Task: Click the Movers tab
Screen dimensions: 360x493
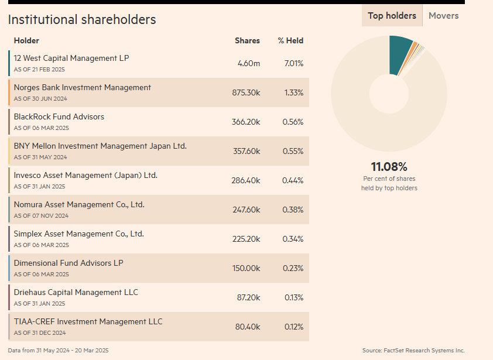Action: [443, 16]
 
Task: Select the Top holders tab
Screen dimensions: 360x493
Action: [392, 16]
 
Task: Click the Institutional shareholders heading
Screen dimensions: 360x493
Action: [82, 19]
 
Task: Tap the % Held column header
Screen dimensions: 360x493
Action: [290, 40]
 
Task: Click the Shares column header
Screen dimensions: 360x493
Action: [247, 40]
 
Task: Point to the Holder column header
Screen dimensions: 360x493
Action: [26, 40]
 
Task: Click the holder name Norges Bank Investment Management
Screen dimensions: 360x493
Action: [82, 87]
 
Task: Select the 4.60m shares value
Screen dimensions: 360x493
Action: [249, 63]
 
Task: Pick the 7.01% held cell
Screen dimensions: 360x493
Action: [293, 63]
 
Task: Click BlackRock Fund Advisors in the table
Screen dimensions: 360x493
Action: [59, 116]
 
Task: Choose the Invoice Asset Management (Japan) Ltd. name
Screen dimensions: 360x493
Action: [85, 175]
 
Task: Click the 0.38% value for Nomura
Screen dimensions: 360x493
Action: [293, 210]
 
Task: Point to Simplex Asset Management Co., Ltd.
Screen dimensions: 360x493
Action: [78, 234]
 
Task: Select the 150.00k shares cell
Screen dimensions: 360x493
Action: [246, 268]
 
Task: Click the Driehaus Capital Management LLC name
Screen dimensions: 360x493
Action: [76, 292]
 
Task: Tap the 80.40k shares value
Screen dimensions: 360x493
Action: [248, 327]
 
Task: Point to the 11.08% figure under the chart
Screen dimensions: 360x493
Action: [389, 167]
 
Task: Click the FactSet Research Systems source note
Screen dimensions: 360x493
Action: [413, 351]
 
